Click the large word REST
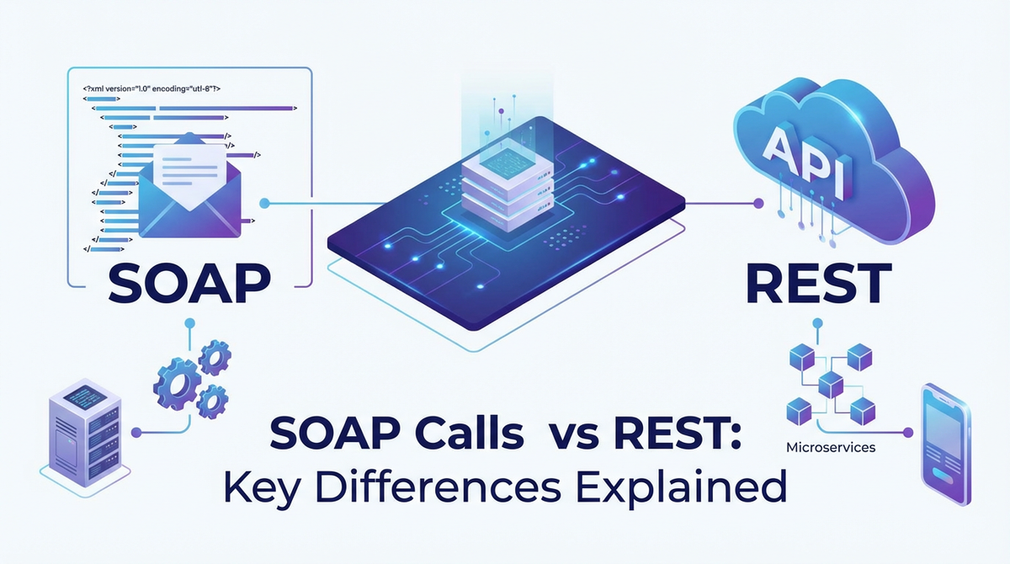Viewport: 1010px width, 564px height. pos(819,282)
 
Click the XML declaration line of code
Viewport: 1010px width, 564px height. pos(151,87)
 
